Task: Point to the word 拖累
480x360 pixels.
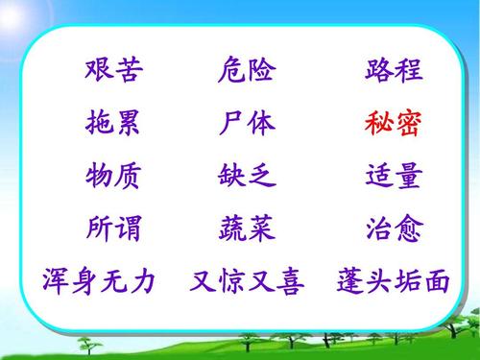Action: tap(113, 124)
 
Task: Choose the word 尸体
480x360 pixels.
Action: tap(247, 124)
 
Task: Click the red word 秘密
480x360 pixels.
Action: tap(394, 124)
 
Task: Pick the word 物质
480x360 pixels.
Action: tap(113, 177)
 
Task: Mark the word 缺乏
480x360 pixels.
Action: tap(247, 177)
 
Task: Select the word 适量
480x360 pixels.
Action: tap(394, 177)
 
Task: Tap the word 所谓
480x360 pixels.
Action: tap(113, 229)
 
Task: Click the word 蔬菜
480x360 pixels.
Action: tap(247, 229)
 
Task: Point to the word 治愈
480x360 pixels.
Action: tap(394, 229)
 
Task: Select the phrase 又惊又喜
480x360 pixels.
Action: tap(247, 282)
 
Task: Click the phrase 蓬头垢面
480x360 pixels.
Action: tap(394, 282)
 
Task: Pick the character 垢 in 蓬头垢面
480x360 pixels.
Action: tap(408, 282)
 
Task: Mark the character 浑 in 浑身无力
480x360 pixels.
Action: tap(55, 282)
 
